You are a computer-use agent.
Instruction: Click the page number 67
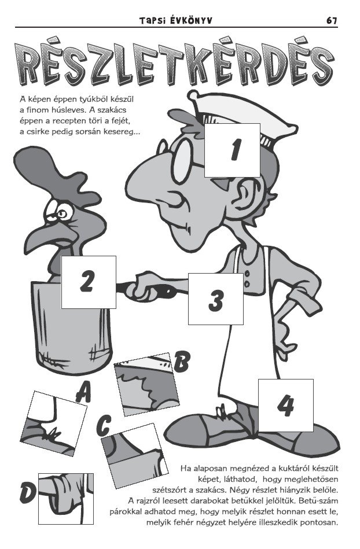(x=332, y=21)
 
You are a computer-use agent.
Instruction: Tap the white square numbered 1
(x=232, y=150)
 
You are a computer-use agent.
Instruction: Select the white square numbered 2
(x=89, y=282)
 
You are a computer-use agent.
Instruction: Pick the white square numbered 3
(x=216, y=299)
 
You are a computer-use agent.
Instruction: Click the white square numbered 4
(x=286, y=405)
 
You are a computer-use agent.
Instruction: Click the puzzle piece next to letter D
(x=66, y=499)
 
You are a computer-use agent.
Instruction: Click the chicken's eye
(x=64, y=212)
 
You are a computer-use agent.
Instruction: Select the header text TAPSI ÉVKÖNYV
(x=175, y=21)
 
